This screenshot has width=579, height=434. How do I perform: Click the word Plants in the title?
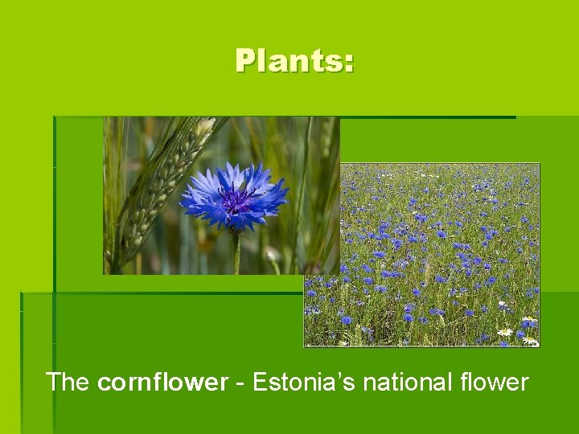[289, 61]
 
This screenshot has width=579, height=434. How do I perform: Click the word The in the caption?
[68, 382]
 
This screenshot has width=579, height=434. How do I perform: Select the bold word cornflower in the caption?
[162, 382]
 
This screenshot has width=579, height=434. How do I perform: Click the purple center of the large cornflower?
[236, 197]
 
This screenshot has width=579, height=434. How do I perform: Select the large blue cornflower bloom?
[234, 195]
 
